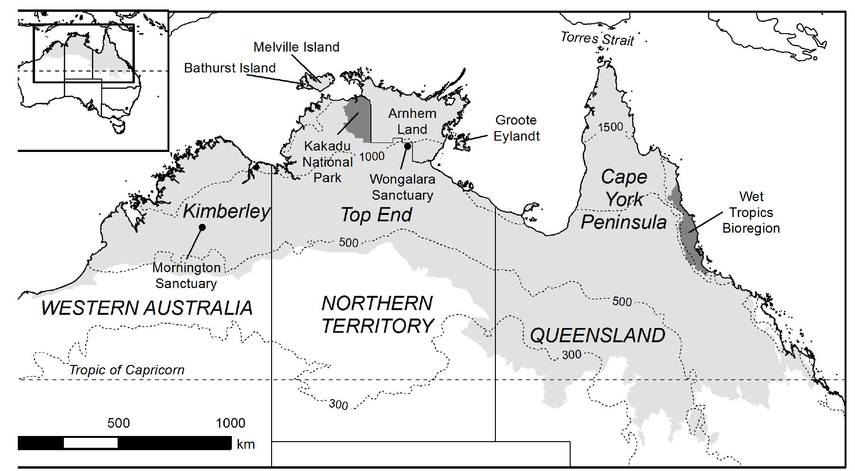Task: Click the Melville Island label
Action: pos(296,47)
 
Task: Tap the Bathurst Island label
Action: pos(229,68)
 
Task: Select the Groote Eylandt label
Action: pos(516,128)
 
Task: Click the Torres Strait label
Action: pos(597,39)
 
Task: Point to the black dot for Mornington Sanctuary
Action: pos(202,227)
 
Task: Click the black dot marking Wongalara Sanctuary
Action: pos(407,146)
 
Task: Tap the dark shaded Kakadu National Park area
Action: pos(358,118)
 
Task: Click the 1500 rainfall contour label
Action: pos(610,127)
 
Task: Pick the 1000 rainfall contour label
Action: pos(371,156)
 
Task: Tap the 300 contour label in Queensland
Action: pos(571,354)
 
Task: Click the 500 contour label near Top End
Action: pos(348,243)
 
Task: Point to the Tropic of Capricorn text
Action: pos(127,370)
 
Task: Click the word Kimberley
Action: pos(226,211)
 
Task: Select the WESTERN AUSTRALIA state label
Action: pos(147,308)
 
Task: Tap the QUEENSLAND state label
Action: pos(597,336)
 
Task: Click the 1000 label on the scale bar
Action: pos(230,423)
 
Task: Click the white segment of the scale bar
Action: pos(90,443)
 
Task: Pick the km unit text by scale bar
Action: pos(246,444)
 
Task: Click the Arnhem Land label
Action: pos(412,121)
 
